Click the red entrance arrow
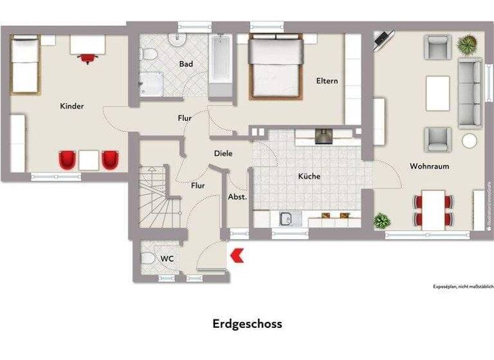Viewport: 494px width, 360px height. click(237, 255)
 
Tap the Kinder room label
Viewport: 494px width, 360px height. click(72, 106)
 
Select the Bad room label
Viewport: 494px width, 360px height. click(187, 64)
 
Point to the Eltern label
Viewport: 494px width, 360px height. click(327, 81)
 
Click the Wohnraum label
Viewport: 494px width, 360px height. click(429, 166)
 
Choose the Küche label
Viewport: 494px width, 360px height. click(309, 176)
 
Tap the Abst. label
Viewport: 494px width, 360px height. click(237, 197)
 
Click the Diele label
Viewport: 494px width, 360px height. click(223, 154)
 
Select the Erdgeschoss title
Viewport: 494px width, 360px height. click(247, 324)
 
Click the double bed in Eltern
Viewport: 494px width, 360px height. click(275, 66)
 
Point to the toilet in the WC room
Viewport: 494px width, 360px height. click(147, 259)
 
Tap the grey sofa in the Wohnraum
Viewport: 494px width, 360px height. click(470, 92)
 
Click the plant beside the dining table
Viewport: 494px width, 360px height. click(382, 221)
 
